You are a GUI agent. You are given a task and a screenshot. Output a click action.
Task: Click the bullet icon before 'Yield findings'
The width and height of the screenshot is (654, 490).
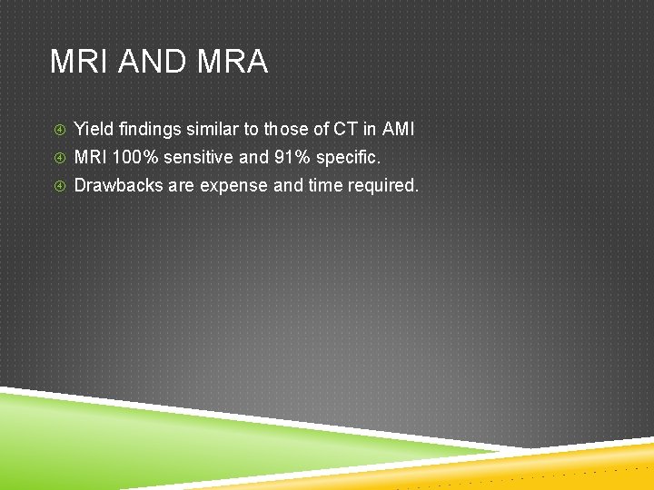(59, 131)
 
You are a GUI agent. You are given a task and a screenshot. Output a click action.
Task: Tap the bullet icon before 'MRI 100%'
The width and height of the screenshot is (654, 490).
(59, 159)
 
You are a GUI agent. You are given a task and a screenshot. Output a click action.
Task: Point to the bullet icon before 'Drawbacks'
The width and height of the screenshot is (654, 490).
(59, 187)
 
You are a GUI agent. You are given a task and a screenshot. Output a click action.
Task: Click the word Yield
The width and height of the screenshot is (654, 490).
(92, 130)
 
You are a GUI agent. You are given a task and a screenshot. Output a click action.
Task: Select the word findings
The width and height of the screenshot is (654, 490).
(148, 130)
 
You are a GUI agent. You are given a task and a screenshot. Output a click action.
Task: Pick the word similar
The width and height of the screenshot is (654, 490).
(213, 130)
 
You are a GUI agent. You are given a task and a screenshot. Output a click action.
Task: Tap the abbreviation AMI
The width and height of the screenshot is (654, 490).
(398, 130)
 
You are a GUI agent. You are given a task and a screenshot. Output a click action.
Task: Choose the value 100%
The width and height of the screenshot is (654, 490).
(135, 158)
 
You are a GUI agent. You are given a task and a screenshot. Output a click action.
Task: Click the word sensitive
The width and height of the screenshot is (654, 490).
(199, 158)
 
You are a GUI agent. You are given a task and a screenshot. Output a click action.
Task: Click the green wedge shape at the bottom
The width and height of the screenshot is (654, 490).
(136, 436)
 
